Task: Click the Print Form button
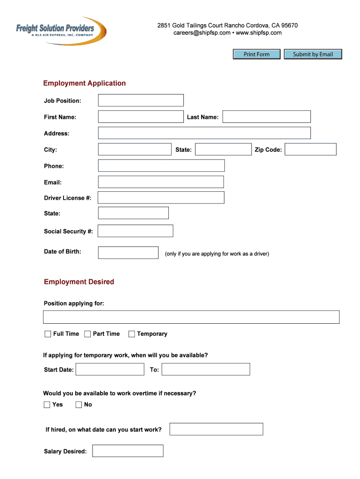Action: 257,54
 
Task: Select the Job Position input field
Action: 141,100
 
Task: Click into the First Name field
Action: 141,116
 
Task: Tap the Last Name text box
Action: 266,116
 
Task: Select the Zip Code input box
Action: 310,149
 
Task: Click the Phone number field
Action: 161,166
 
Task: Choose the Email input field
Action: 161,182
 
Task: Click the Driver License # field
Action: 161,197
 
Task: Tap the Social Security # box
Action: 135,231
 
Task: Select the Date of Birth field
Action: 128,253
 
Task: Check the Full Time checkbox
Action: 48,334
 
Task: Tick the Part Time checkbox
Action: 87,334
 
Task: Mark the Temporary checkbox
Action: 132,334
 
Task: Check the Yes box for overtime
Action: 47,405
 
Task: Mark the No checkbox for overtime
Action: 79,405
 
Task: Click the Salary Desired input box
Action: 128,451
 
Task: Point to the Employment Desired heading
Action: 79,282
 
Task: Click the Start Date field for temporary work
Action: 110,369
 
